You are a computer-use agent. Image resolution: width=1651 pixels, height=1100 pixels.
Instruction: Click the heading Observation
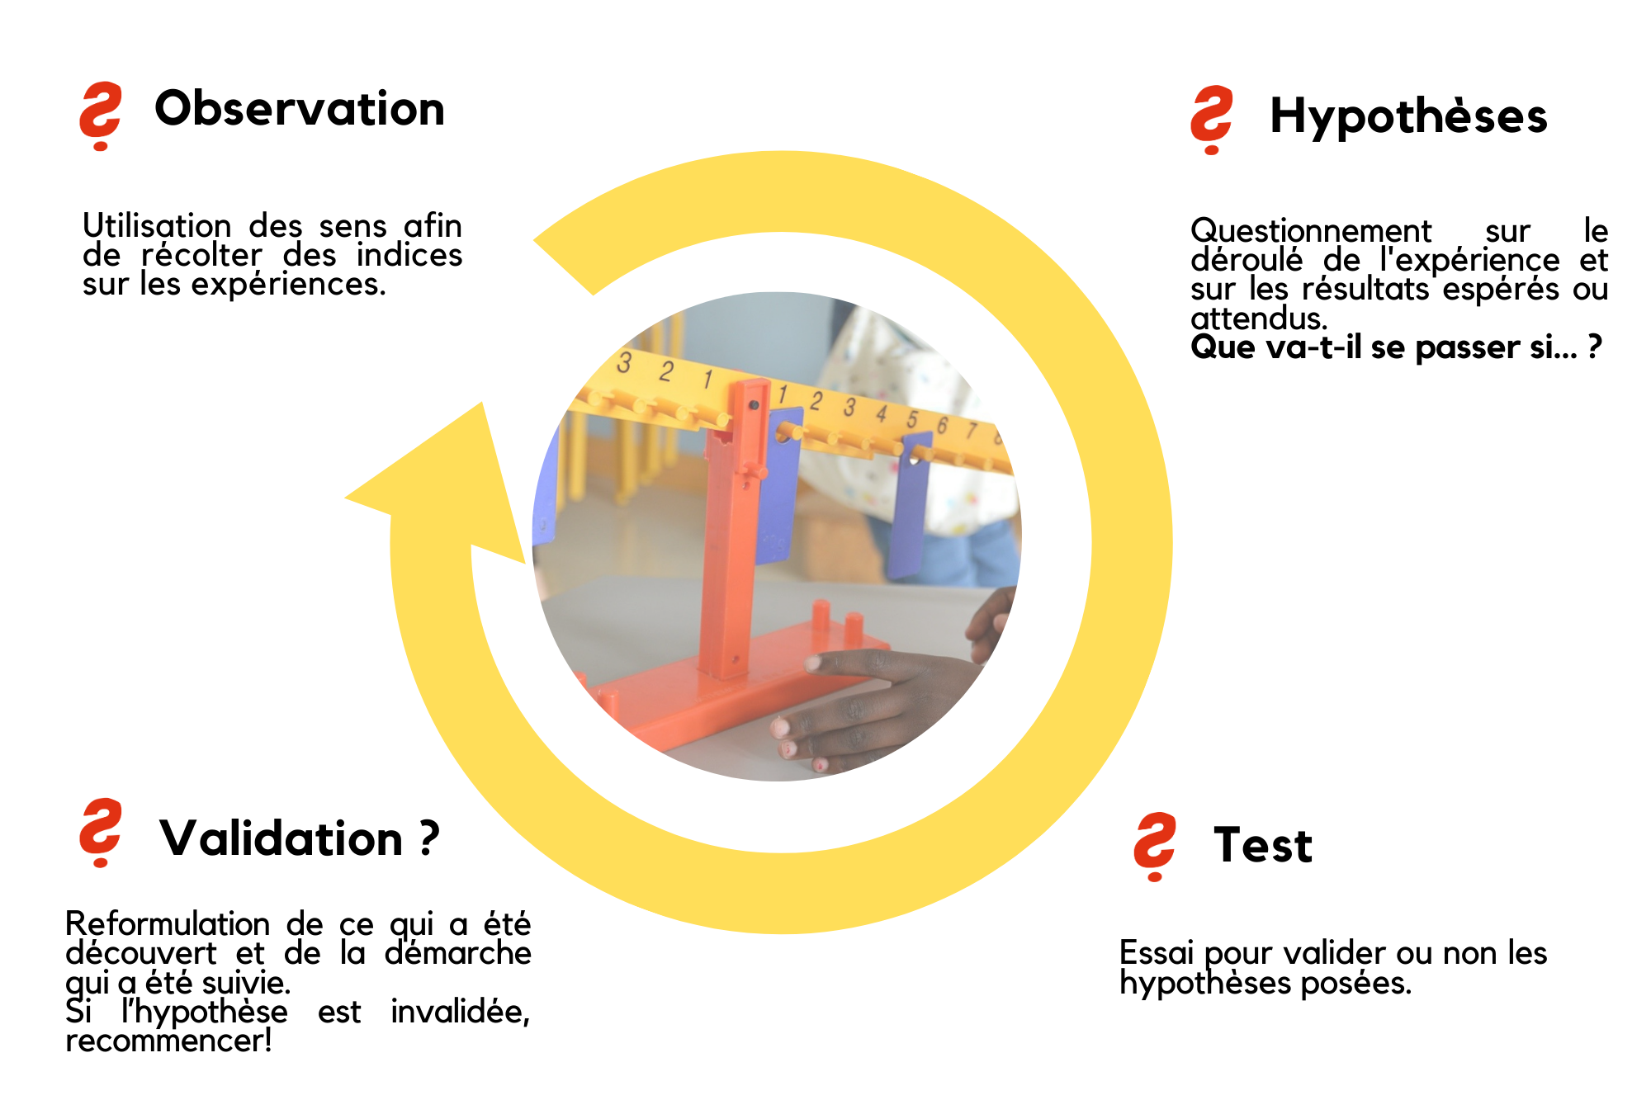pos(300,109)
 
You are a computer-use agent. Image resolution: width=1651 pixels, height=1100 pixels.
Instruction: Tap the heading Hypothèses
pos(1408,116)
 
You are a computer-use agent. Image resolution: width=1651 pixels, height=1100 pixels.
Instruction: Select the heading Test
pos(1263,845)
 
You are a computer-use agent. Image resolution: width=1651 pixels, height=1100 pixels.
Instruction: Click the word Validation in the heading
pos(281,838)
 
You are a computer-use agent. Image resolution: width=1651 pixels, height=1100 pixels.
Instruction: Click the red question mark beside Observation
pos(100,116)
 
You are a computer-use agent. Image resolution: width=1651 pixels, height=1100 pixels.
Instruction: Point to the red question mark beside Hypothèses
pos(1211,120)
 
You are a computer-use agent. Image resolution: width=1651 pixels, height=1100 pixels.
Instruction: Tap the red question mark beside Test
pos(1155,847)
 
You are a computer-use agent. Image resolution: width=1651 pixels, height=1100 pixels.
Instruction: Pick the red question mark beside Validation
pos(100,833)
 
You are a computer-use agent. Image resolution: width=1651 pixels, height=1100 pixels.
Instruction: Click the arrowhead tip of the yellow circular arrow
pos(345,498)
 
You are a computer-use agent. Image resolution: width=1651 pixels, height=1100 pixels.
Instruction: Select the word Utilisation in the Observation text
pos(157,226)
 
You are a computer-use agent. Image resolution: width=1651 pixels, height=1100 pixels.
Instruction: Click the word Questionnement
pos(1311,230)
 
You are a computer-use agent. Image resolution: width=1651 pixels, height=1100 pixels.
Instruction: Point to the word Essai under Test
pos(1157,953)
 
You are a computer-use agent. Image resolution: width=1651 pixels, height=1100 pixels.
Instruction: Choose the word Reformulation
pos(168,923)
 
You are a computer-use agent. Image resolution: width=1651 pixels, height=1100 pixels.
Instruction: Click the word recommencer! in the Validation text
pos(169,1041)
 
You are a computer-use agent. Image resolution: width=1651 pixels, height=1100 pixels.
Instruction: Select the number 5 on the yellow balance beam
pos(912,419)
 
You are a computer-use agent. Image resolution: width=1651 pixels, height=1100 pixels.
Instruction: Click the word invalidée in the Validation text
pos(460,1012)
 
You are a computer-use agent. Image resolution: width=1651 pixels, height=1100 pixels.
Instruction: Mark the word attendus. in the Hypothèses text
pos(1259,319)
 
